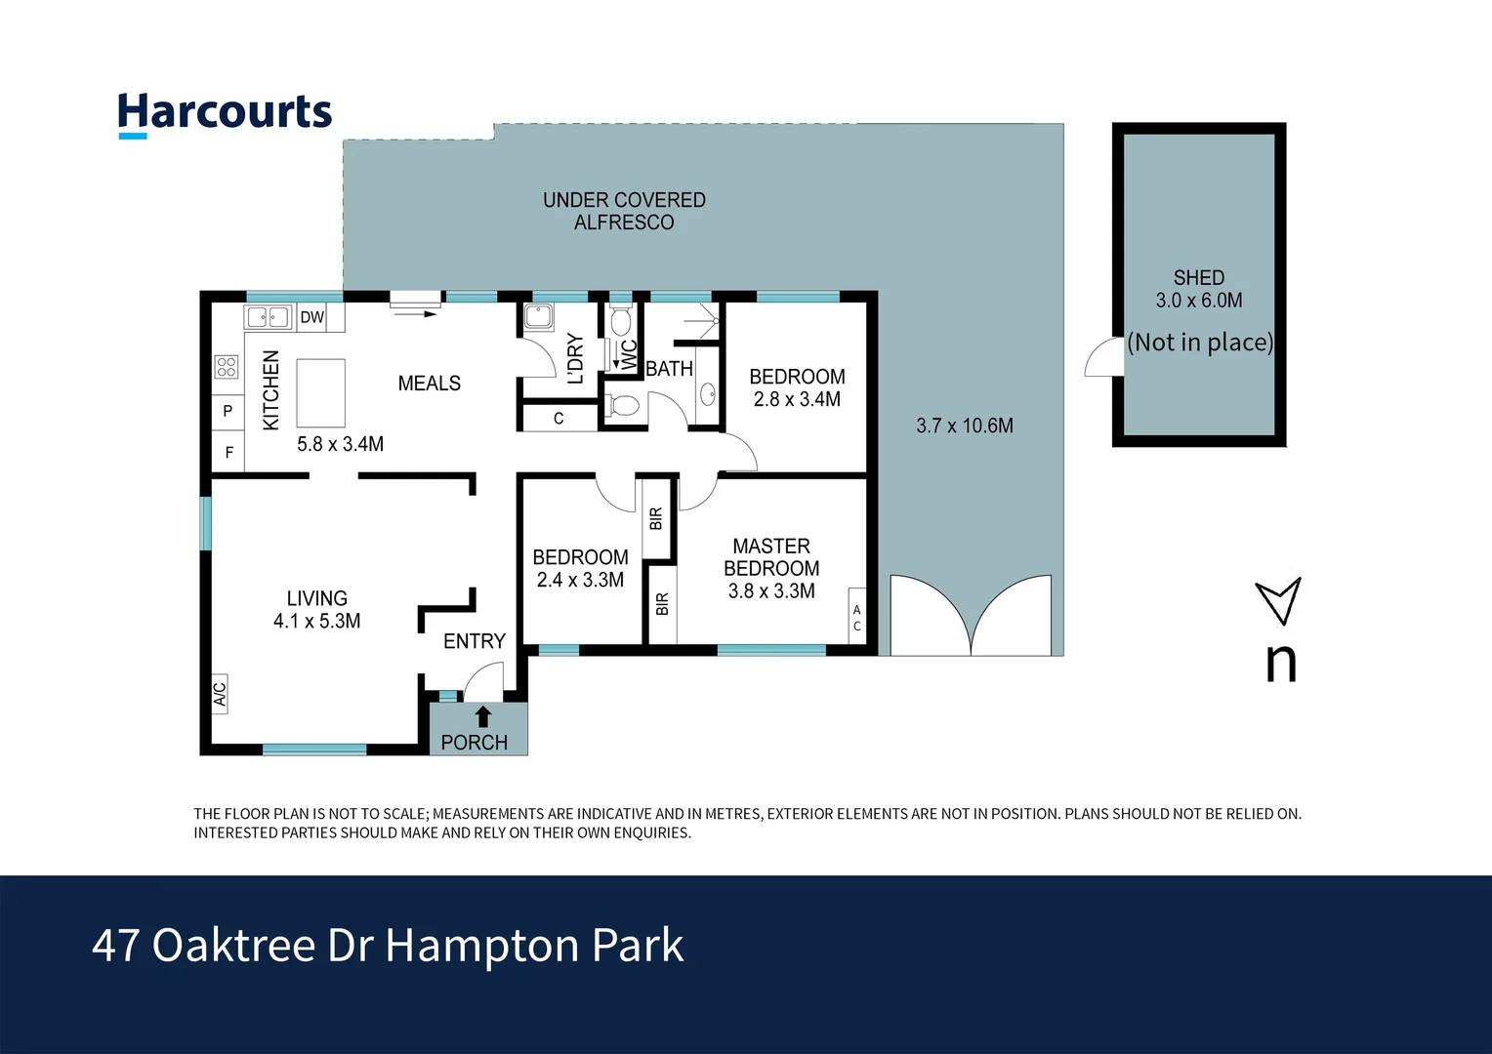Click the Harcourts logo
pos(225,113)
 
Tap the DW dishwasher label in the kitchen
pos(311,317)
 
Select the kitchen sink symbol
pos(269,317)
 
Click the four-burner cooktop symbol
pos(227,367)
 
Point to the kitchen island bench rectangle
pos(320,392)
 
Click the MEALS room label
pos(429,384)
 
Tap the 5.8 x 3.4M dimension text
pos(340,444)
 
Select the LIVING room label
pos(316,598)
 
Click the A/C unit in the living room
pos(220,693)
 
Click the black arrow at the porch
pos(482,716)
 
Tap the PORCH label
pos(474,743)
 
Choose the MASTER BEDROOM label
pos(771,557)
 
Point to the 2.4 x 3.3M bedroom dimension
pos(580,580)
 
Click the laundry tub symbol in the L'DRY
pos(538,317)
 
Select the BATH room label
pos(669,369)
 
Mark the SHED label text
pos(1198,278)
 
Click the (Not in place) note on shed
pos(1200,343)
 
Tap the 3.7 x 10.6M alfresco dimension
pos(965,426)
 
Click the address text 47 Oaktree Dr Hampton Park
pos(388,945)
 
